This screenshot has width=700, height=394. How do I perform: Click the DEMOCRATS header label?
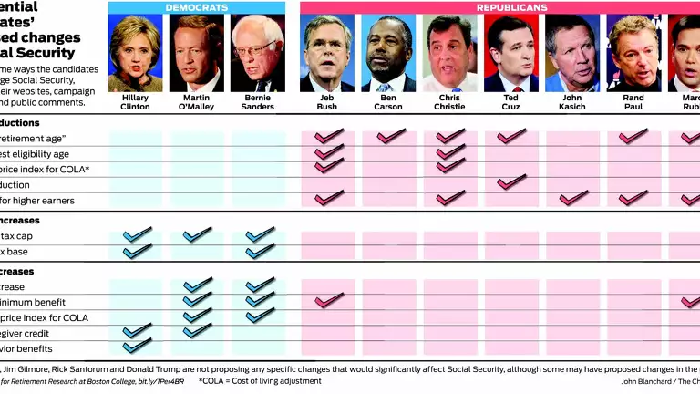[196, 7]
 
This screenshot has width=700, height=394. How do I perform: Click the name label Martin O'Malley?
[196, 100]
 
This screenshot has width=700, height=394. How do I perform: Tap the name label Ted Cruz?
[510, 100]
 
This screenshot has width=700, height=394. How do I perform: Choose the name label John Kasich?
[572, 100]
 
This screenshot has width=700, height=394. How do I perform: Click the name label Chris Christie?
[449, 100]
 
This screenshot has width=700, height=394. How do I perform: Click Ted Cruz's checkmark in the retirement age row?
[511, 136]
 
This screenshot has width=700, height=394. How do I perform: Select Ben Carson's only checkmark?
[390, 136]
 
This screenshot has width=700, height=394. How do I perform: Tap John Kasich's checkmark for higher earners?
[573, 198]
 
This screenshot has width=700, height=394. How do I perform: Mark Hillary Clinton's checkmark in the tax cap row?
[137, 235]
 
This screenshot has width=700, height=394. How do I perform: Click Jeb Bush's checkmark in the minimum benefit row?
[328, 299]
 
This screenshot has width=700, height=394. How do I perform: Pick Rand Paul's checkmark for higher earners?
[633, 198]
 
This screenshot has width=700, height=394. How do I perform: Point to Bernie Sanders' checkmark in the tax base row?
[260, 251]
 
